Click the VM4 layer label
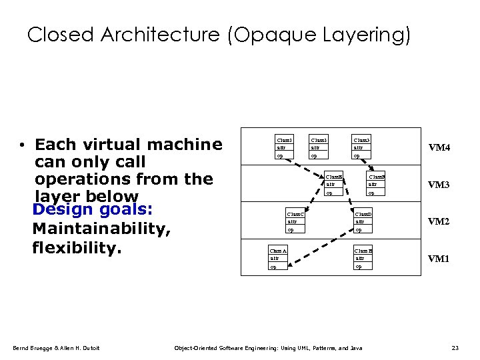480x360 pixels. pyautogui.click(x=439, y=147)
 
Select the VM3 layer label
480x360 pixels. pyautogui.click(x=439, y=185)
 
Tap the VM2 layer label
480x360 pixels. pyautogui.click(x=439, y=221)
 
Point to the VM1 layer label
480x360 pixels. pyautogui.click(x=439, y=259)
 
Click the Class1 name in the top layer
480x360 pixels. pyautogui.click(x=284, y=140)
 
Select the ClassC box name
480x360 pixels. pyautogui.click(x=295, y=213)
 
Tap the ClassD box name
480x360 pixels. pyautogui.click(x=363, y=213)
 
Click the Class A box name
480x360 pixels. pyautogui.click(x=278, y=251)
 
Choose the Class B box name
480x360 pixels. pyautogui.click(x=363, y=251)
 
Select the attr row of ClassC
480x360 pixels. pyautogui.click(x=292, y=221)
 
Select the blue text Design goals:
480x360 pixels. pyautogui.click(x=93, y=209)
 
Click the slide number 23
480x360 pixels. pyautogui.click(x=455, y=348)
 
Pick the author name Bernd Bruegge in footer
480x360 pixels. pyautogui.click(x=33, y=348)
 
